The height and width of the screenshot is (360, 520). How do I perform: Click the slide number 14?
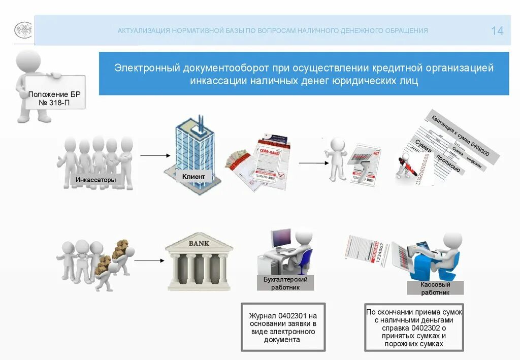497,31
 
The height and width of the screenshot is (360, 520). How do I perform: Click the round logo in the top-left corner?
22,30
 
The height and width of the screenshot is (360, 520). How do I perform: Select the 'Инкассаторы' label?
95,180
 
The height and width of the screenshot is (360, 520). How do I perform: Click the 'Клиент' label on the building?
193,176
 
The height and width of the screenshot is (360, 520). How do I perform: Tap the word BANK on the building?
199,243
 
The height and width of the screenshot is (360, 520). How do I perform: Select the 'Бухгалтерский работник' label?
285,283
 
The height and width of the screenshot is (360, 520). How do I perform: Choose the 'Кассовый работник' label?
435,288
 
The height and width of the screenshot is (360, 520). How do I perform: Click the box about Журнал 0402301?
283,328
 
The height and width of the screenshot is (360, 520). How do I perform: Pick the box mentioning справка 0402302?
414,328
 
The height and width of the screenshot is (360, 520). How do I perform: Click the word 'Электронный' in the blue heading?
143,68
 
